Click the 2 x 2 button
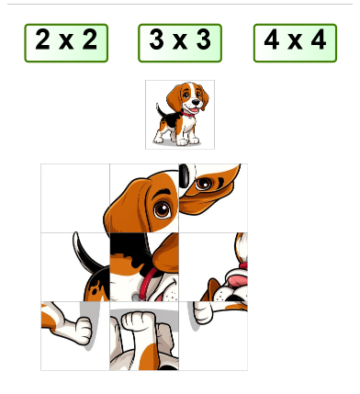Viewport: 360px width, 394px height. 66,42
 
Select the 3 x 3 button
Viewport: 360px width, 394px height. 180,42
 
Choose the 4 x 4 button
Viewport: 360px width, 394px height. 295,42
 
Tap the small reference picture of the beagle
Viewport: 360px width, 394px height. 180,114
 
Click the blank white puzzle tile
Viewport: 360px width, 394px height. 74,197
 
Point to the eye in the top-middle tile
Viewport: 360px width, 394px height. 162,208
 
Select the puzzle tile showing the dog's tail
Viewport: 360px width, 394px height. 74,266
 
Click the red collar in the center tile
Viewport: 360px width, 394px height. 140,296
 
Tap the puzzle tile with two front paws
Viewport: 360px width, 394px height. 143,335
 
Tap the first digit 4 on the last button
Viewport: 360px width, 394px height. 272,41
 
